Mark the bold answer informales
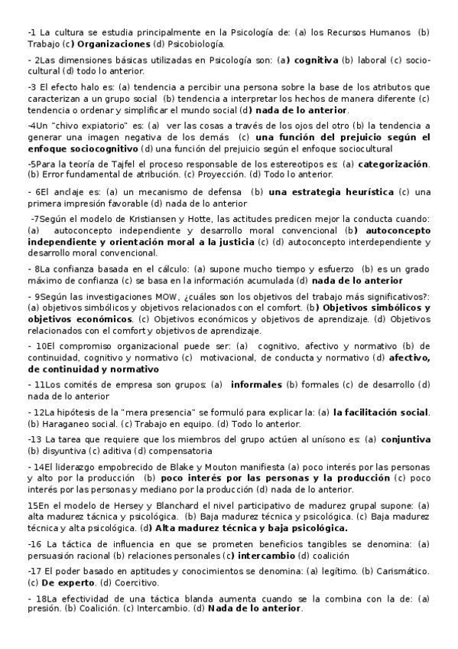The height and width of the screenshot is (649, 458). tap(256, 384)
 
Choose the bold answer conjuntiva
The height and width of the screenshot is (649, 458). tap(405, 439)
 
